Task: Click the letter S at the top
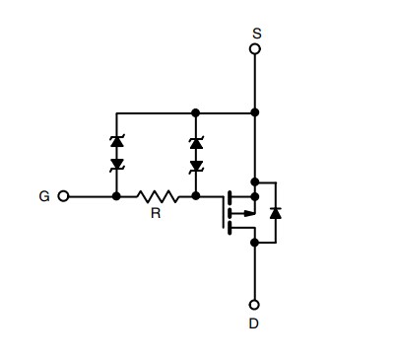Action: (255, 31)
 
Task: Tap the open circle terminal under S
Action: (255, 47)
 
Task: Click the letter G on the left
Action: (44, 196)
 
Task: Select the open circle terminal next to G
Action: (64, 196)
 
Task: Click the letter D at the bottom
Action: (255, 323)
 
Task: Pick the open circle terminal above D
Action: (255, 305)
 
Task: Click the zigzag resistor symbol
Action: (157, 196)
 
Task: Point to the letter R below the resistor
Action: (156, 213)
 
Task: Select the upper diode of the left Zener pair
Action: (116, 144)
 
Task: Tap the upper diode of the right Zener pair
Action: (196, 144)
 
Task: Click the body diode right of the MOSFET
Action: (276, 211)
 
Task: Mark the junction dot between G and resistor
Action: (116, 196)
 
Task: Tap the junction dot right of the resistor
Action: (196, 196)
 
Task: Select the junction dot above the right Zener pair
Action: (196, 111)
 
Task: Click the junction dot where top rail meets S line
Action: (255, 111)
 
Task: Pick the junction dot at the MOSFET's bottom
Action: (255, 241)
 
